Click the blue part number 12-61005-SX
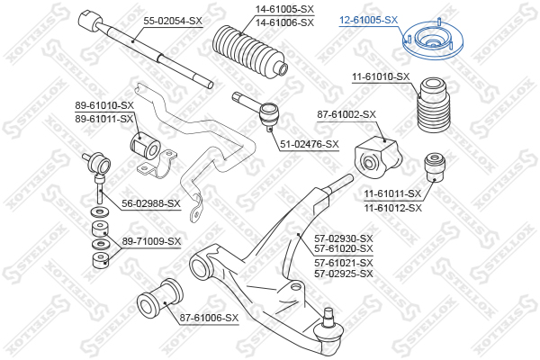[x=368, y=20]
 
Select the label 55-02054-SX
[x=173, y=21]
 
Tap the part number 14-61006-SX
[x=284, y=22]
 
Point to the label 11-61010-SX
[x=381, y=76]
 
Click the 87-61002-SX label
[x=346, y=114]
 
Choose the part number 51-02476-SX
[x=310, y=144]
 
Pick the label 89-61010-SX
[x=104, y=105]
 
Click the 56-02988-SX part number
[x=151, y=203]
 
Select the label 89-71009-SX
[x=151, y=241]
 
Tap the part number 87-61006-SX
[x=209, y=318]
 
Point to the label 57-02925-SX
[x=344, y=274]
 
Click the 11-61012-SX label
[x=393, y=208]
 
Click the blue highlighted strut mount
[x=433, y=40]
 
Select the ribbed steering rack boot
[x=249, y=50]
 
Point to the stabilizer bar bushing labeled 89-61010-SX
[x=145, y=146]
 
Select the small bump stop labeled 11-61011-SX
[x=435, y=166]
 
